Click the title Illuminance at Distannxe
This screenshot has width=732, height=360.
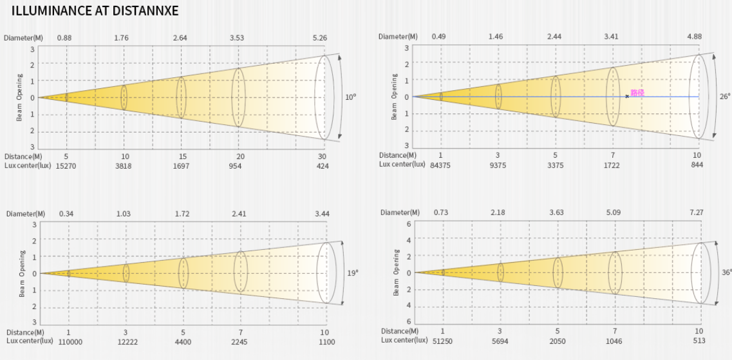pos(95,12)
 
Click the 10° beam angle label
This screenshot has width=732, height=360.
pos(350,97)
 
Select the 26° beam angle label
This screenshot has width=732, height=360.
pos(725,97)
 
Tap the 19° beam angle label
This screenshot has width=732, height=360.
pos(352,273)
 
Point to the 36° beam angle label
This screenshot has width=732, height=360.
pos(726,272)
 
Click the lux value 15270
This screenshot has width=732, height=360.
pos(66,166)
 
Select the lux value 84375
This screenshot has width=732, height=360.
pos(440,165)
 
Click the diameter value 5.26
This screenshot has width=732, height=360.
pos(320,38)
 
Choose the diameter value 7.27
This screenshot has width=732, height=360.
pos(697,213)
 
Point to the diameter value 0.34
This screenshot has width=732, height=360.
pos(67,214)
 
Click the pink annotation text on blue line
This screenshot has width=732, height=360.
pos(637,93)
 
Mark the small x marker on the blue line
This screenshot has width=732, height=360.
pos(626,97)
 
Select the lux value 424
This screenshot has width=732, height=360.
pos(322,166)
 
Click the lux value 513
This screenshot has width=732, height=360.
pos(699,341)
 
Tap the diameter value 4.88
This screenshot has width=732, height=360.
pos(694,37)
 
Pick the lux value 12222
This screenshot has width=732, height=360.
pos(126,342)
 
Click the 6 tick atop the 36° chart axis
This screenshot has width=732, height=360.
pos(408,224)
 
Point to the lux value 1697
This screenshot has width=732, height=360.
pos(182,166)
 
